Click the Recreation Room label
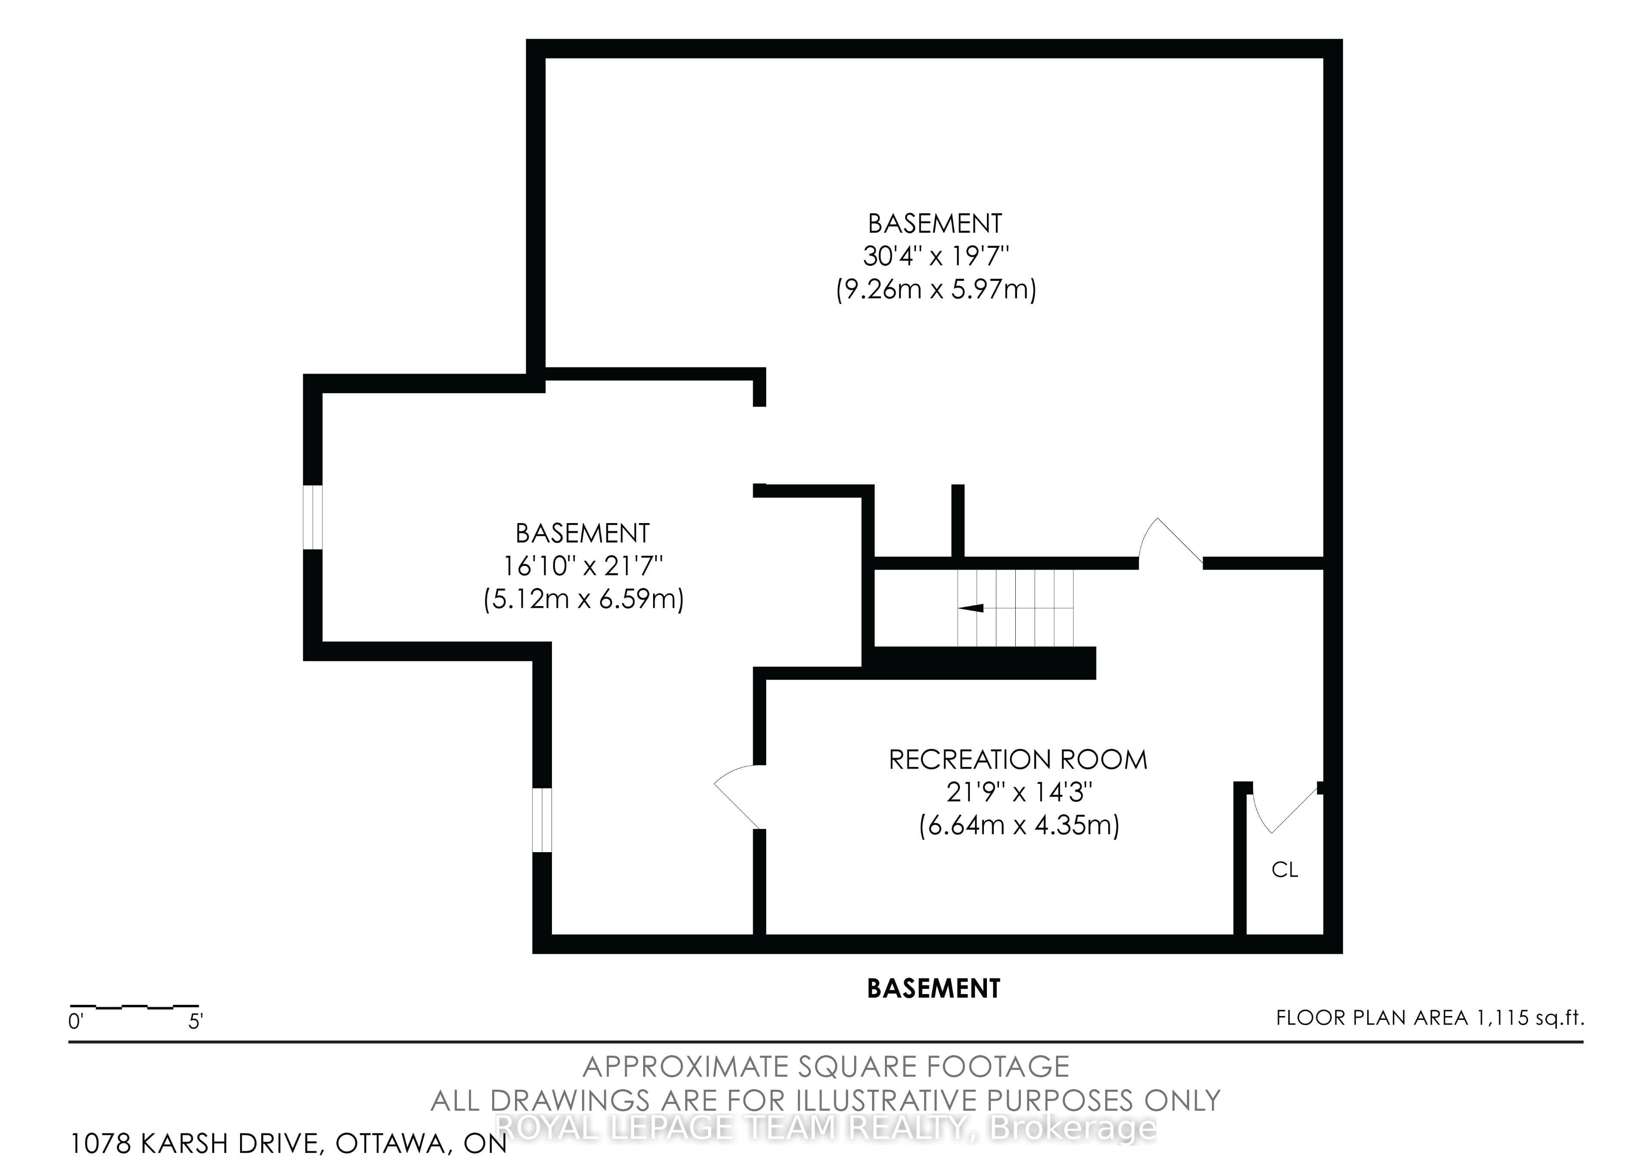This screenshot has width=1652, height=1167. (x=1018, y=760)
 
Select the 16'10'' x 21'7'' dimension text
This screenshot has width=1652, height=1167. (x=583, y=566)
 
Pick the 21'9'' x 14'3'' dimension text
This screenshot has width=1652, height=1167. (x=1019, y=792)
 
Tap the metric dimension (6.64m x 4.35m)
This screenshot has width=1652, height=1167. (x=1019, y=825)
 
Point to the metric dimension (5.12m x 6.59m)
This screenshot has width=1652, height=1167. (x=583, y=599)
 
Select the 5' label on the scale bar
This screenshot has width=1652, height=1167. (x=196, y=1022)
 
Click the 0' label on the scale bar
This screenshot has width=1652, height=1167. (x=76, y=1022)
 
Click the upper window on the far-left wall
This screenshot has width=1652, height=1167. (x=313, y=517)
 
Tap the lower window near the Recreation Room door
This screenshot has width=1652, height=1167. (x=542, y=820)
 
